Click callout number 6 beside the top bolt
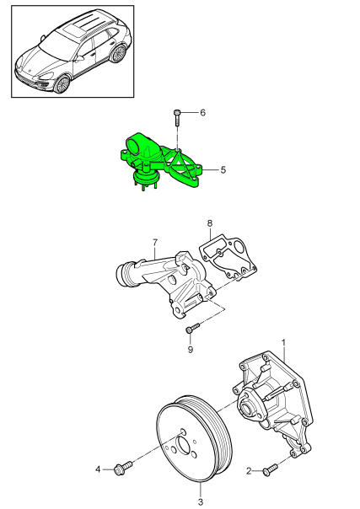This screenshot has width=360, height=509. [202, 112]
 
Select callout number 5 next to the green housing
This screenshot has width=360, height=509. [223, 169]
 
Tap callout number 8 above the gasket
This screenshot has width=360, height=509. [210, 223]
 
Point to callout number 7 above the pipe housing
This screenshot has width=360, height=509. [155, 243]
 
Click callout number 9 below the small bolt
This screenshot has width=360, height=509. [191, 349]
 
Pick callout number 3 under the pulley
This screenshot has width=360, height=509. [201, 488]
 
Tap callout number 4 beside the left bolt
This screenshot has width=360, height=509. [98, 469]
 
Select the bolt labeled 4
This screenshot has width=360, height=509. [126, 465]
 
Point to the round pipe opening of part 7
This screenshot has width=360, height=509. [124, 274]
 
